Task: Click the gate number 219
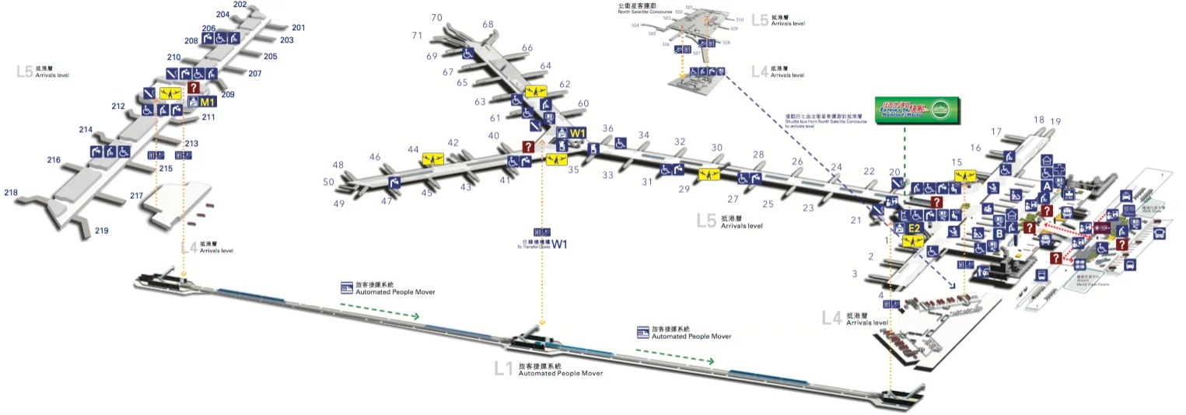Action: pos(101,231)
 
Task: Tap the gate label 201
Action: pos(299,28)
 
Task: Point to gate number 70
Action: pos(437,18)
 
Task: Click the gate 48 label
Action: pos(338,166)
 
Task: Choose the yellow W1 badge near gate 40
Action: pos(577,133)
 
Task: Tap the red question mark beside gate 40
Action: pos(529,146)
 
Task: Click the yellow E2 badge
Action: pos(915,228)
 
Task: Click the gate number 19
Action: pos(1055,121)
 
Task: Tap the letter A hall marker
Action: pos(1047,187)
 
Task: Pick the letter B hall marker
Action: pos(999,233)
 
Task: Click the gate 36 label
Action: pos(608,129)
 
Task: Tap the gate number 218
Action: pos(11,192)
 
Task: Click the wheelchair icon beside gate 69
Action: pos(468,54)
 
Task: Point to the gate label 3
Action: pos(855,274)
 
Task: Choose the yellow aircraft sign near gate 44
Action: pos(432,159)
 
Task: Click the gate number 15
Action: pos(957,162)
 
